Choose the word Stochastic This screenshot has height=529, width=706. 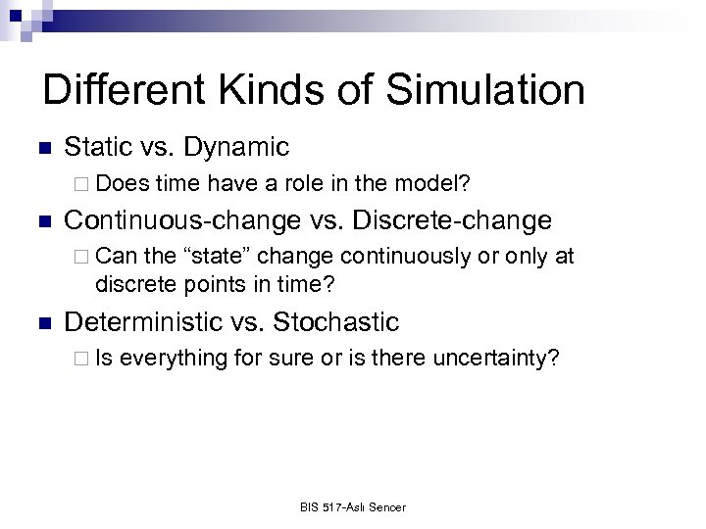[x=336, y=321]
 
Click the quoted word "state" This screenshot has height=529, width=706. [x=216, y=257]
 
